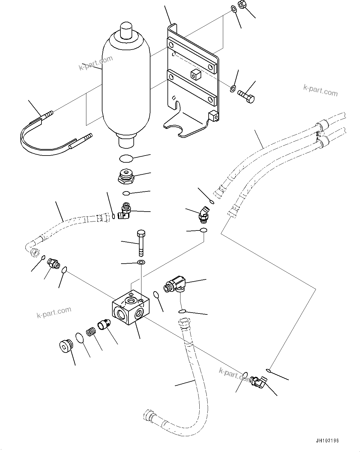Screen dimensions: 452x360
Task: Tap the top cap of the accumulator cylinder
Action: [x=126, y=29]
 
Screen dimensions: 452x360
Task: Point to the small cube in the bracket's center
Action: [x=196, y=74]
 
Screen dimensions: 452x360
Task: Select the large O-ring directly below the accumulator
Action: [x=126, y=159]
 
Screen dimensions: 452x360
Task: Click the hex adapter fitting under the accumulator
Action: [x=126, y=176]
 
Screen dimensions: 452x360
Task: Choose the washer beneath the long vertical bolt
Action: [x=141, y=263]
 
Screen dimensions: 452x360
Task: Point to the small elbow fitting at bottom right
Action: [x=258, y=381]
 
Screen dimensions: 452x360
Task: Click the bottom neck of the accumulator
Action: [x=126, y=142]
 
